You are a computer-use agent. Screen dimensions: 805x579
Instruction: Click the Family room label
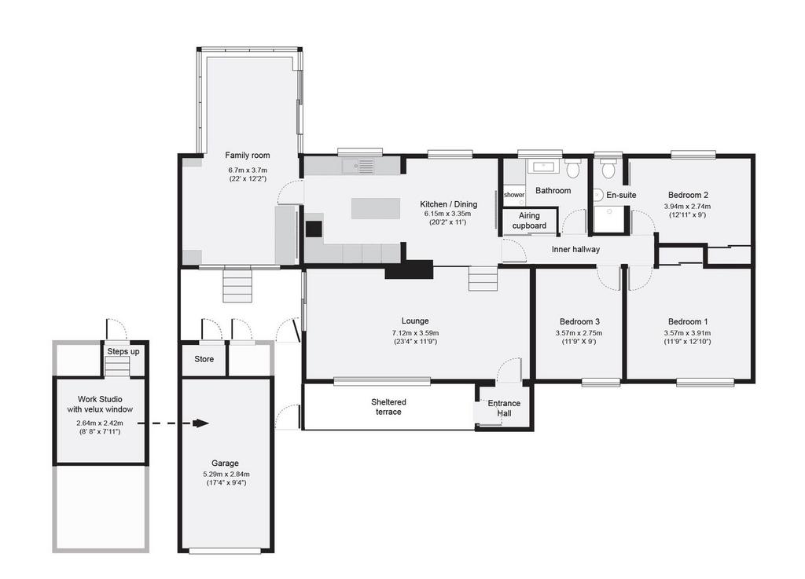[x=248, y=155]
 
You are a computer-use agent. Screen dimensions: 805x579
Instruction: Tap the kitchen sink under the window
[x=358, y=167]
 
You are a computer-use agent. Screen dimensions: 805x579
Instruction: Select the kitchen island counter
[x=376, y=208]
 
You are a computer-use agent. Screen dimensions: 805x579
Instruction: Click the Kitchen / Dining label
[x=448, y=204]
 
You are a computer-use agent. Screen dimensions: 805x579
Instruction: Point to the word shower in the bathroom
[x=514, y=195]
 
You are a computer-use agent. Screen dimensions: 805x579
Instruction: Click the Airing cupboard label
[x=529, y=221]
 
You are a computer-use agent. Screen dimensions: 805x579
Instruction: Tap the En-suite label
[x=621, y=195]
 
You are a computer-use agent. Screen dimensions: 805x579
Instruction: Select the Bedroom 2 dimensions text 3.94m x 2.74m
[x=687, y=206]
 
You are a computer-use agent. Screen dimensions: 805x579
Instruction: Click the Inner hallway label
[x=575, y=249]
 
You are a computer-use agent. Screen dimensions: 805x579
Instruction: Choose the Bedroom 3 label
[x=579, y=321]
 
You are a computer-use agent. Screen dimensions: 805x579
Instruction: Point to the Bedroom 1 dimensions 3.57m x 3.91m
[x=687, y=333]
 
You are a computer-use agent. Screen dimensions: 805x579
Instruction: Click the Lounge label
[x=415, y=321]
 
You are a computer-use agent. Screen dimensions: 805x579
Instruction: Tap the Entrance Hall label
[x=504, y=409]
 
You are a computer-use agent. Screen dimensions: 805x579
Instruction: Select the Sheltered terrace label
[x=388, y=407]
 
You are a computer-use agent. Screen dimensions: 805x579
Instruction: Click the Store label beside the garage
[x=204, y=359]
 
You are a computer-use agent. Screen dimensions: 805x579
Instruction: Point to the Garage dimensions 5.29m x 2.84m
[x=226, y=475]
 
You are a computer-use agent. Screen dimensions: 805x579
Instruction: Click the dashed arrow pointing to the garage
[x=173, y=423]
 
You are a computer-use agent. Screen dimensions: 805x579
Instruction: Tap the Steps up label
[x=123, y=352]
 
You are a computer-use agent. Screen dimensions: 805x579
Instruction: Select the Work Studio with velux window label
[x=100, y=404]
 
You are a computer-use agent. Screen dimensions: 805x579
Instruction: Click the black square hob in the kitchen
[x=314, y=229]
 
